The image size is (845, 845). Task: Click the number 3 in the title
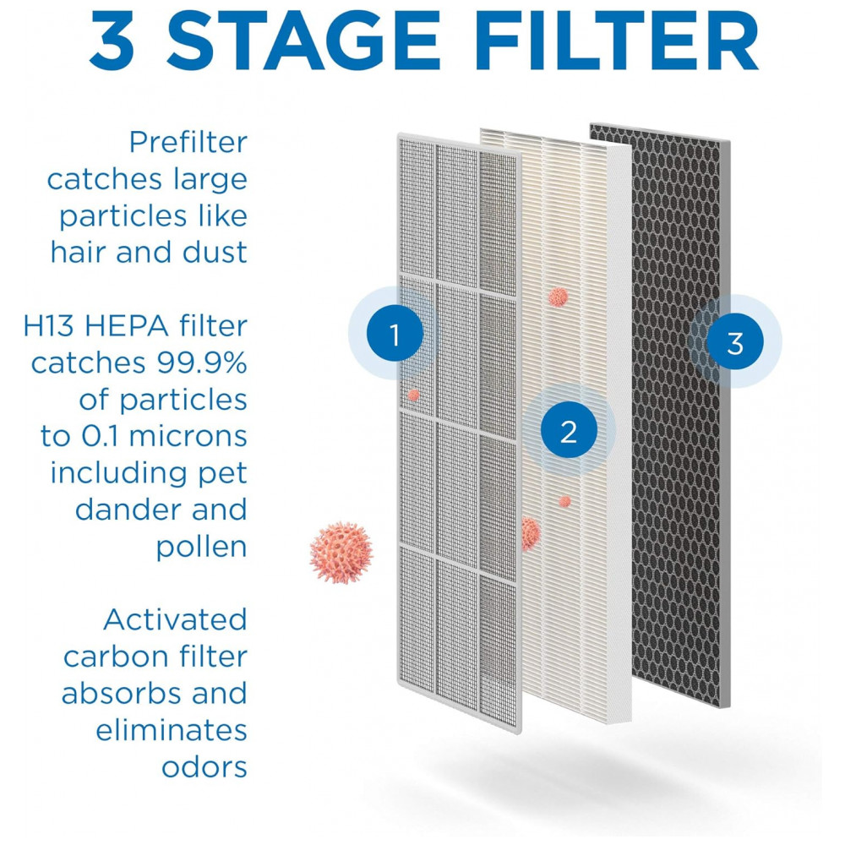[112, 41]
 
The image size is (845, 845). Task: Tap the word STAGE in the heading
[303, 41]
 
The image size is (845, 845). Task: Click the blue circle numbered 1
[395, 334]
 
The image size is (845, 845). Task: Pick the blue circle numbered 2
[569, 431]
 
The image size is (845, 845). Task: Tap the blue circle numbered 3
[734, 341]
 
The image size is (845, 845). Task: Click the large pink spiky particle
[341, 553]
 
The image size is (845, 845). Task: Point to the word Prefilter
[188, 142]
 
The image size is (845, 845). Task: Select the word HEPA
[128, 326]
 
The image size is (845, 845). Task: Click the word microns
[188, 436]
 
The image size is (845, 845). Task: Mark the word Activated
[175, 619]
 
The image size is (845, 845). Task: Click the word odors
[204, 766]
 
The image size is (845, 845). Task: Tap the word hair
[79, 252]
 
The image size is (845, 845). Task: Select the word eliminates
[172, 730]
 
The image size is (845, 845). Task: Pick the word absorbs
[123, 693]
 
